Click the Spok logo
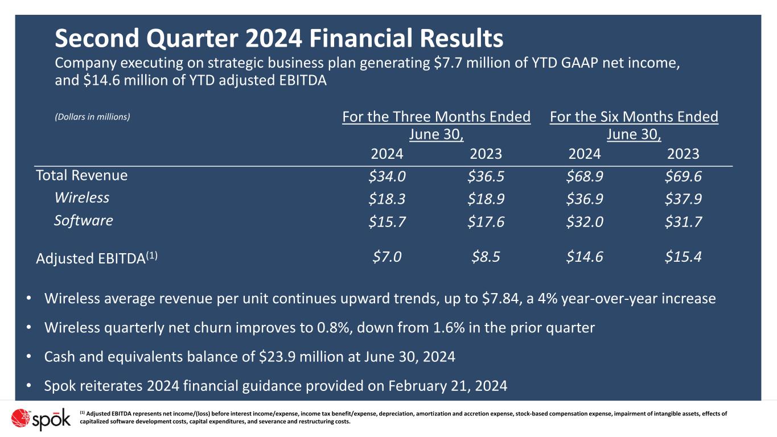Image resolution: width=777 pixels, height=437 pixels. [41, 420]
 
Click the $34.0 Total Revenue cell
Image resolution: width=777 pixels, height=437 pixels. [387, 177]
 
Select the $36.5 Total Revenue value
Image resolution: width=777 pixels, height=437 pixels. [486, 177]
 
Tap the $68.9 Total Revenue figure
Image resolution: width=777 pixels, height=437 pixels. [585, 177]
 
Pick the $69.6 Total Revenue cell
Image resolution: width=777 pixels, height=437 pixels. [683, 177]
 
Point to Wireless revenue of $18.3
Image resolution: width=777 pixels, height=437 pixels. [387, 199]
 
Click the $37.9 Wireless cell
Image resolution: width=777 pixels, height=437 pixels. [683, 199]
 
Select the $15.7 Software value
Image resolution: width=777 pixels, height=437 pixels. [387, 222]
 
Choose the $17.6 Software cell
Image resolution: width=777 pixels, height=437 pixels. [486, 222]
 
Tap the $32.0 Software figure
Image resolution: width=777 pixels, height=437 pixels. [585, 222]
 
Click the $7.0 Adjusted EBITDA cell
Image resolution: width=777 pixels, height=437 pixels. [387, 257]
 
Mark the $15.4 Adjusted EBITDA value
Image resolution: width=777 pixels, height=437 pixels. [683, 257]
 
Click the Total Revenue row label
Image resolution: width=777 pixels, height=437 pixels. [81, 175]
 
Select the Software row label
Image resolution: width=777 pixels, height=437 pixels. [83, 221]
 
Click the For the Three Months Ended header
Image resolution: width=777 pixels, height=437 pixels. [436, 118]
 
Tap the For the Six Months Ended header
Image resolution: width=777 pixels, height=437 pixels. [634, 118]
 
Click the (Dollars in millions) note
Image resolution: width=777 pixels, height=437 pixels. [92, 117]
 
